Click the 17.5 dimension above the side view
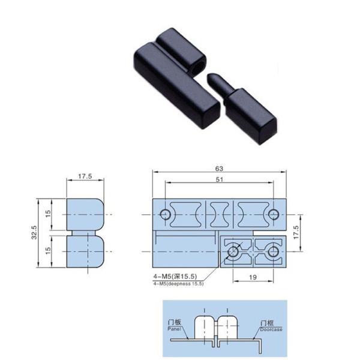(85, 177)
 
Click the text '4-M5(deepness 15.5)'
(179, 283)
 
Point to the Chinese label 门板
(175, 323)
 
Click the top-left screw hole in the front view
(163, 214)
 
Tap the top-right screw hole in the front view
(273, 214)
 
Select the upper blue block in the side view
(84, 213)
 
